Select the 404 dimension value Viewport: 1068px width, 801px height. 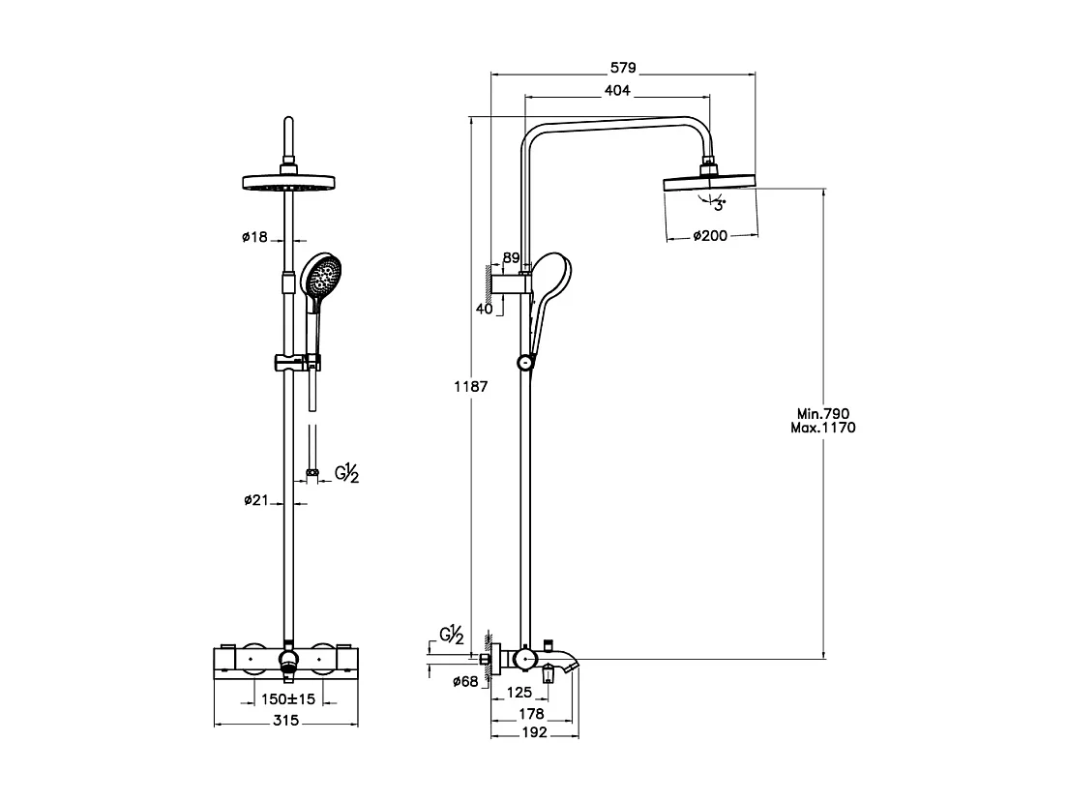point(617,91)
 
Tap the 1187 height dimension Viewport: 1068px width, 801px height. point(470,386)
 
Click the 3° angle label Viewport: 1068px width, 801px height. point(719,205)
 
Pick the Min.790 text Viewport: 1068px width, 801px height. point(823,413)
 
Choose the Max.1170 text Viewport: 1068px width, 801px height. point(823,427)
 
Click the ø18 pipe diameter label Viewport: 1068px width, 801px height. point(254,237)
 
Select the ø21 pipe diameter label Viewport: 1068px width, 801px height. point(254,501)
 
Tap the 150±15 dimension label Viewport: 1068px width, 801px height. point(288,698)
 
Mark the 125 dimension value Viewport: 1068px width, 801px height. point(520,693)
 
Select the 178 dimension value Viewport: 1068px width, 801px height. point(531,714)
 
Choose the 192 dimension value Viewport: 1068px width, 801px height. point(534,732)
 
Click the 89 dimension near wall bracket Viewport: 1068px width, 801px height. point(512,258)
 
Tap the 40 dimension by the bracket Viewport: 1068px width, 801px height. point(486,310)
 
